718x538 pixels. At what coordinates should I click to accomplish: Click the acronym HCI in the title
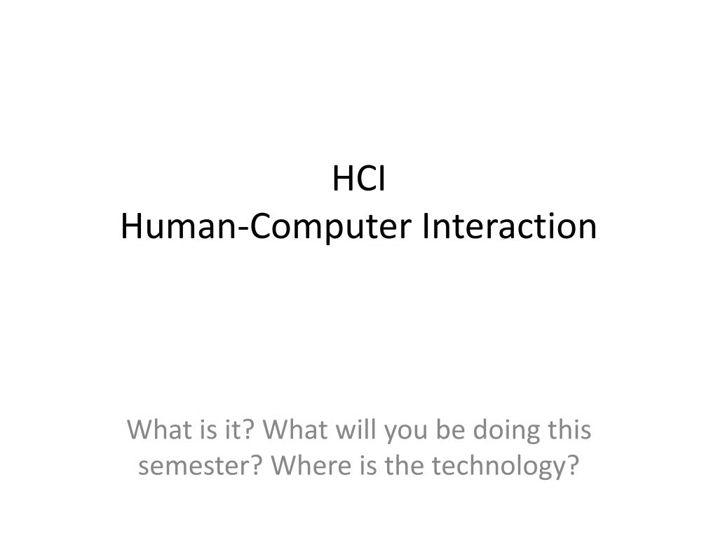(x=358, y=179)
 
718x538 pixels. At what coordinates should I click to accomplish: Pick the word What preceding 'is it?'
(x=155, y=429)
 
